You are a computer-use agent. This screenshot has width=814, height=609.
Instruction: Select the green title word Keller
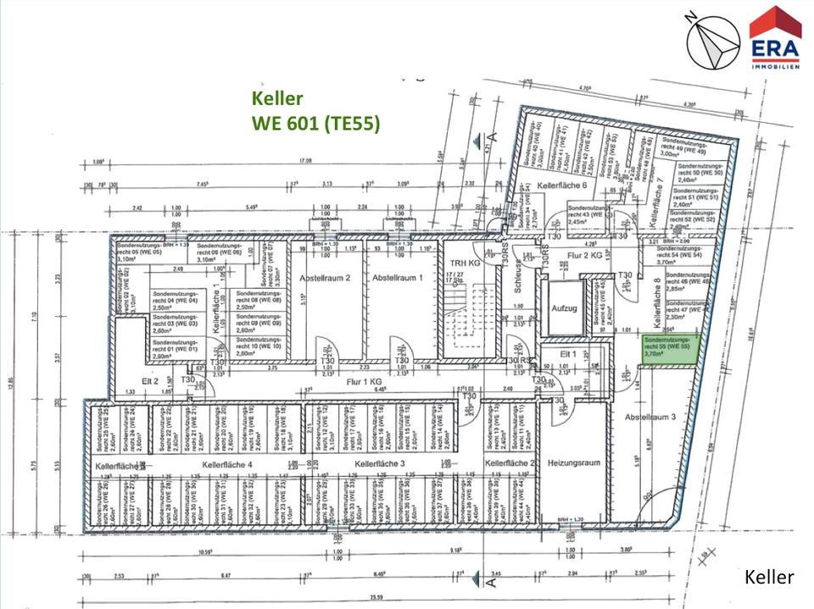(x=277, y=99)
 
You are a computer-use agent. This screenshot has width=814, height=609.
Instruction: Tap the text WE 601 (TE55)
(x=315, y=123)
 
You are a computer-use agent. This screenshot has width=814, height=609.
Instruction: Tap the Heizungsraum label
(x=574, y=463)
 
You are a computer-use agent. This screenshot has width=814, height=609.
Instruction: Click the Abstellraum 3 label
(x=651, y=417)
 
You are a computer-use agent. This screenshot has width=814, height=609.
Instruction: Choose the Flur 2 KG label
(x=585, y=253)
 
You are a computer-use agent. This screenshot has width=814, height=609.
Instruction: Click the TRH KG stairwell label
(x=466, y=263)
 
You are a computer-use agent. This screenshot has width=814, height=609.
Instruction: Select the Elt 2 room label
(x=150, y=381)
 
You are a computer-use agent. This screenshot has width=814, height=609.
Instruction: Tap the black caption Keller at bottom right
(x=769, y=577)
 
